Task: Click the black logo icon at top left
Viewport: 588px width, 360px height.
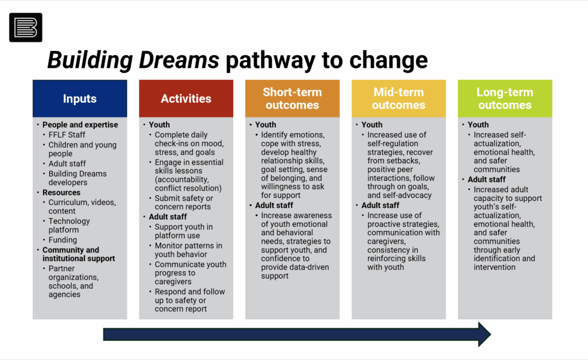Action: [x=25, y=28]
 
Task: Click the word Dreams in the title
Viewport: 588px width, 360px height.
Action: [x=179, y=60]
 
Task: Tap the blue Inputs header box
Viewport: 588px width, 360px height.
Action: [x=80, y=98]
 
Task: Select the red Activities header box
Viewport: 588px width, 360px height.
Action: [x=186, y=98]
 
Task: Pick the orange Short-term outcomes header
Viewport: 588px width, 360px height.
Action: [x=292, y=98]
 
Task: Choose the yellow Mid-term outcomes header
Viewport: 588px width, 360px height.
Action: [x=399, y=98]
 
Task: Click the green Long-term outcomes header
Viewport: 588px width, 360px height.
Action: [x=505, y=98]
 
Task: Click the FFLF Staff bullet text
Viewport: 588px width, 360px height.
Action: [x=67, y=134]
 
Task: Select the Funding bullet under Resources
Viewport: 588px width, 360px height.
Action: [x=63, y=239]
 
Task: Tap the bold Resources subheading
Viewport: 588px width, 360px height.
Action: [x=61, y=192]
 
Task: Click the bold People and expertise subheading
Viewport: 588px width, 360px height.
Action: [x=80, y=125]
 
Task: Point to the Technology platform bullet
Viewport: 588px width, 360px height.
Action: [x=69, y=226]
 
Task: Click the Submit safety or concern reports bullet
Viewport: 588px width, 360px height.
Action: [x=184, y=203]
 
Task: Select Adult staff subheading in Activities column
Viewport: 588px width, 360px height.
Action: [x=168, y=217]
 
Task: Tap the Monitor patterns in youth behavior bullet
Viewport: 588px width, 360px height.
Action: [x=188, y=250]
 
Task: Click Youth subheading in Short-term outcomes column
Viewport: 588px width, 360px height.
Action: [x=265, y=125]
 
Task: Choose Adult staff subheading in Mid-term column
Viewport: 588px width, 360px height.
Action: [x=380, y=205]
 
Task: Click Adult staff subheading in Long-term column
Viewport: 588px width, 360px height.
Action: [x=486, y=179]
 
